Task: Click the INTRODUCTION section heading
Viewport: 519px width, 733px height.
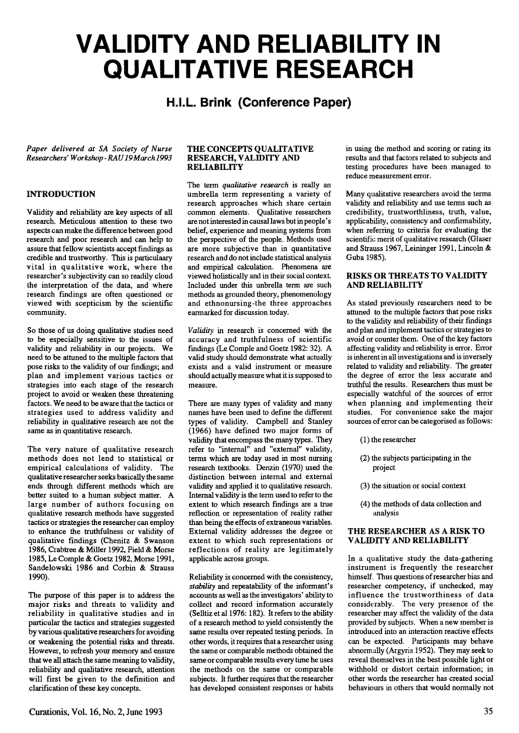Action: click(x=61, y=194)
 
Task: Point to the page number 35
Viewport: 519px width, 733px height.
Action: click(x=488, y=711)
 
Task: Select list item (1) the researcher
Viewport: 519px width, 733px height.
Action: click(x=388, y=440)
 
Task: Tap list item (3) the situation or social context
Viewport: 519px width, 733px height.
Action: click(x=413, y=485)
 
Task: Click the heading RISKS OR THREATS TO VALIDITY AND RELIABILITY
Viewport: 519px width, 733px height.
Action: click(x=417, y=280)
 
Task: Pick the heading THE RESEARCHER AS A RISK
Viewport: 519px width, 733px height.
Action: click(x=416, y=531)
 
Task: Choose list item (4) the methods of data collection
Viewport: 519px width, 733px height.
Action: click(x=420, y=504)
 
